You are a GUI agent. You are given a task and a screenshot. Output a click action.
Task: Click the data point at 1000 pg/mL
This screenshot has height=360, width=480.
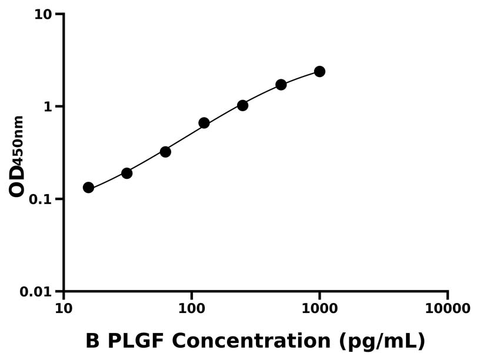point(319,71)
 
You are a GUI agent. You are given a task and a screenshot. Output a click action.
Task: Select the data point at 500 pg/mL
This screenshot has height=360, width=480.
point(281,85)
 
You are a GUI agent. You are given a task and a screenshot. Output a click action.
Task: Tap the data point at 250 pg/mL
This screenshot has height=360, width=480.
point(242,105)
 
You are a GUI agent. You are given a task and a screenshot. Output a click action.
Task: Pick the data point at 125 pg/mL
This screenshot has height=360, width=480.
point(204,123)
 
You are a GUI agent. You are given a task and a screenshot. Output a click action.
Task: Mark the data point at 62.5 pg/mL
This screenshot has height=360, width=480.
point(165,152)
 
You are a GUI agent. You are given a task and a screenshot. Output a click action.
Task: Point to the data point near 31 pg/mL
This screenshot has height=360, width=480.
point(126,173)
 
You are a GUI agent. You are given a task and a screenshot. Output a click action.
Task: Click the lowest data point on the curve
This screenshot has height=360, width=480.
point(88,188)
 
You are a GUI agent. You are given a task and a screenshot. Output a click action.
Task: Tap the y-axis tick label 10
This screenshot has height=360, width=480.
point(43,14)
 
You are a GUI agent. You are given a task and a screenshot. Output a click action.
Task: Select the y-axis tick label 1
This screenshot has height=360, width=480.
point(48,106)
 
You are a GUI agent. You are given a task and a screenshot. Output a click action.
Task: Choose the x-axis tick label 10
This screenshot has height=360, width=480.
point(64,309)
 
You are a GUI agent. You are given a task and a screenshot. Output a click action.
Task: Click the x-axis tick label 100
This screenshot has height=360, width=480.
point(191,309)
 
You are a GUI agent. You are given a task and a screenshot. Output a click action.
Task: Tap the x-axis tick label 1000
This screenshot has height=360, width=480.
point(319,309)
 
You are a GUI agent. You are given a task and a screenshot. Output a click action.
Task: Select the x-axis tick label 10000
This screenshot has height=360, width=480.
point(448,309)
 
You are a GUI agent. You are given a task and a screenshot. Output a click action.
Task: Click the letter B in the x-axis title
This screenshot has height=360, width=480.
point(92,341)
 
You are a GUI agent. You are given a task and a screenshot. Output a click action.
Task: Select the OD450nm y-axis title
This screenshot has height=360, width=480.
point(17,156)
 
